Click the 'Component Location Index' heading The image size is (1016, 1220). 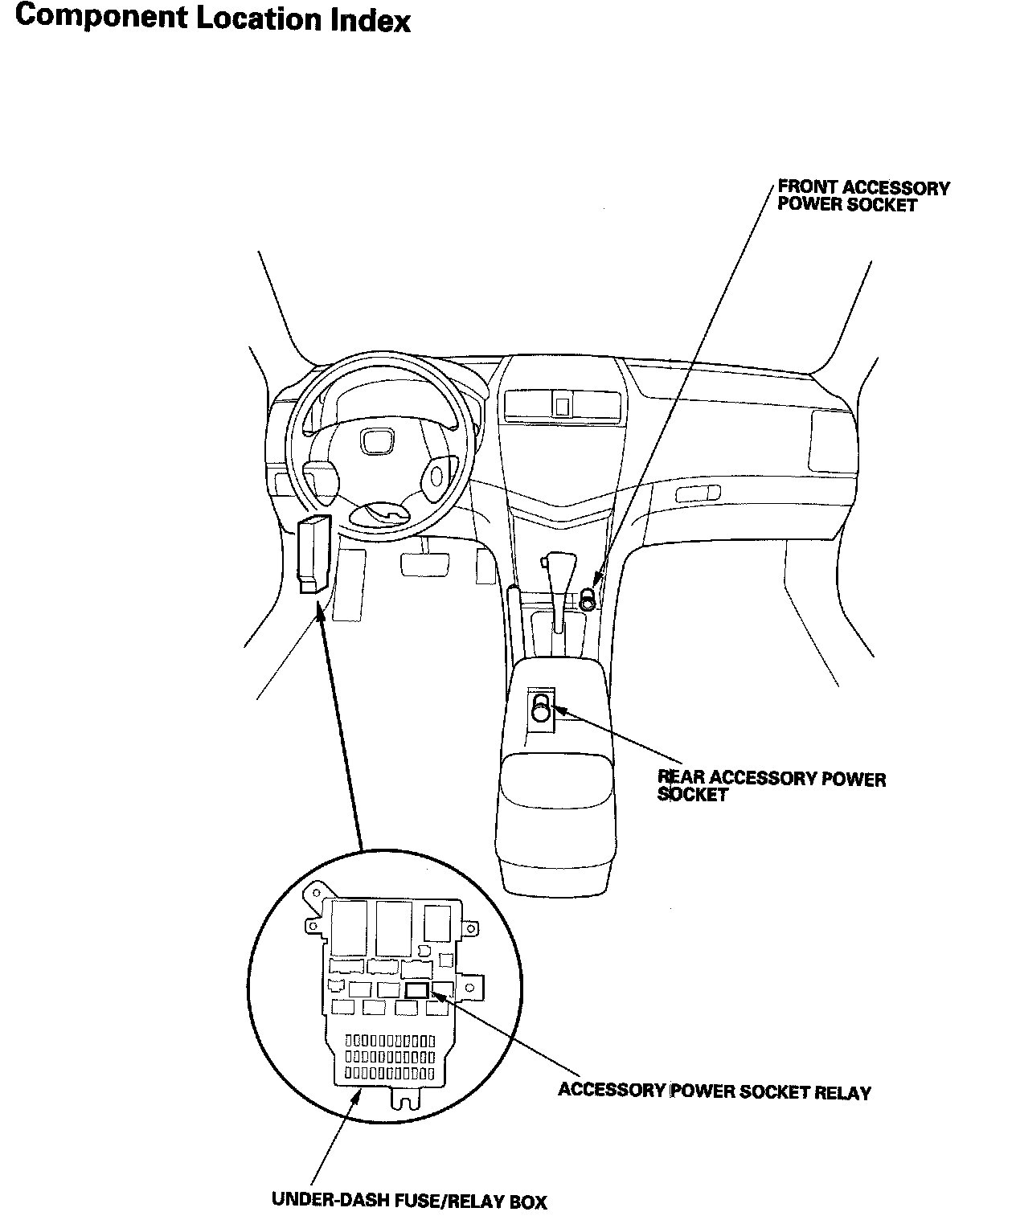[x=213, y=18]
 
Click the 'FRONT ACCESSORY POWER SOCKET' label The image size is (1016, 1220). [x=862, y=196]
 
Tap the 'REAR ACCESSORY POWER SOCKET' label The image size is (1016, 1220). [x=771, y=786]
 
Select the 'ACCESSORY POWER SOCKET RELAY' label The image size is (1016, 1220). [x=714, y=1091]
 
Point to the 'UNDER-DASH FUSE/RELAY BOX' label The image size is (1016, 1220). [x=409, y=1201]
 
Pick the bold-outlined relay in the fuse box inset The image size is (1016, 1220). [x=416, y=990]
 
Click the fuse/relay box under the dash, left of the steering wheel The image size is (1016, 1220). [x=313, y=555]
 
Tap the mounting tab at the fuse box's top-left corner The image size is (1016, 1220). [x=313, y=895]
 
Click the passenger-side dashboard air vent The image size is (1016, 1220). [x=698, y=493]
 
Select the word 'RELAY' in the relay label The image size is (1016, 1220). [x=842, y=1092]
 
